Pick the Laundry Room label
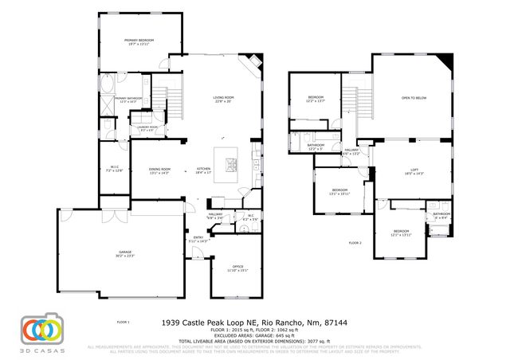pos(147,128)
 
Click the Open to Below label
pos(414,98)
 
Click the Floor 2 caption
pos(355,242)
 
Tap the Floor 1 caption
pos(123,323)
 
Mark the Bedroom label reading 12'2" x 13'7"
pos(316,100)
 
